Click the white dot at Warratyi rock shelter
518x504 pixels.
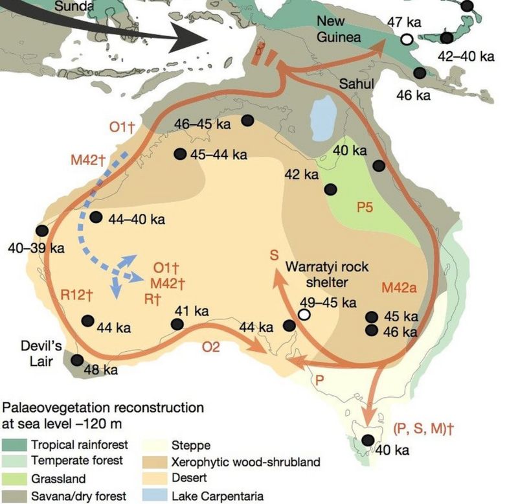[x=304, y=315]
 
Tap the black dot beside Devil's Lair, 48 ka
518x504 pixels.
[x=77, y=360]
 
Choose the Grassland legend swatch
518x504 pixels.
[x=18, y=479]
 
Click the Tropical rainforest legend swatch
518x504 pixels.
[x=18, y=445]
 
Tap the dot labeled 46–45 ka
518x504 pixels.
[x=247, y=120]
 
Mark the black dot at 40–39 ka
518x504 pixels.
[x=43, y=231]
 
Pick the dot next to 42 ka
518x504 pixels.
[x=331, y=189]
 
